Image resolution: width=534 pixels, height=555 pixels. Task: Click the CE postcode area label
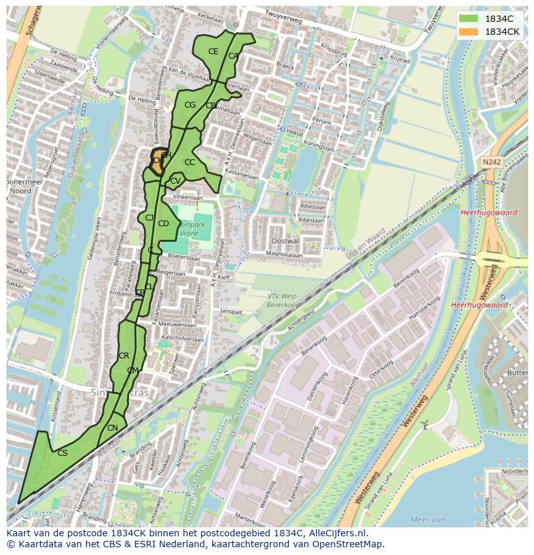pyautogui.click(x=213, y=52)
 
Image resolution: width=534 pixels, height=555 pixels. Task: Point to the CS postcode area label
pyautogui.click(x=63, y=453)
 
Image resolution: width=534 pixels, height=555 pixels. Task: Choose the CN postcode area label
pyautogui.click(x=112, y=428)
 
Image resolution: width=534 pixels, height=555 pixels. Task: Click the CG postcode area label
pyautogui.click(x=190, y=105)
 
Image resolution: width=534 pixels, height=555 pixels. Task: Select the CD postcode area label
pyautogui.click(x=163, y=224)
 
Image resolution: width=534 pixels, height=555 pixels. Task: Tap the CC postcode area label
pyautogui.click(x=190, y=162)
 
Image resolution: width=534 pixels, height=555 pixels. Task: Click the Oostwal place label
pyautogui.click(x=286, y=240)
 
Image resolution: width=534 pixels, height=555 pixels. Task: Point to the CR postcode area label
pyautogui.click(x=124, y=356)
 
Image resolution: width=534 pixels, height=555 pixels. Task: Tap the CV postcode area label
pyautogui.click(x=175, y=181)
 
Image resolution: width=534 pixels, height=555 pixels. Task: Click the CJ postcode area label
pyautogui.click(x=149, y=218)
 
